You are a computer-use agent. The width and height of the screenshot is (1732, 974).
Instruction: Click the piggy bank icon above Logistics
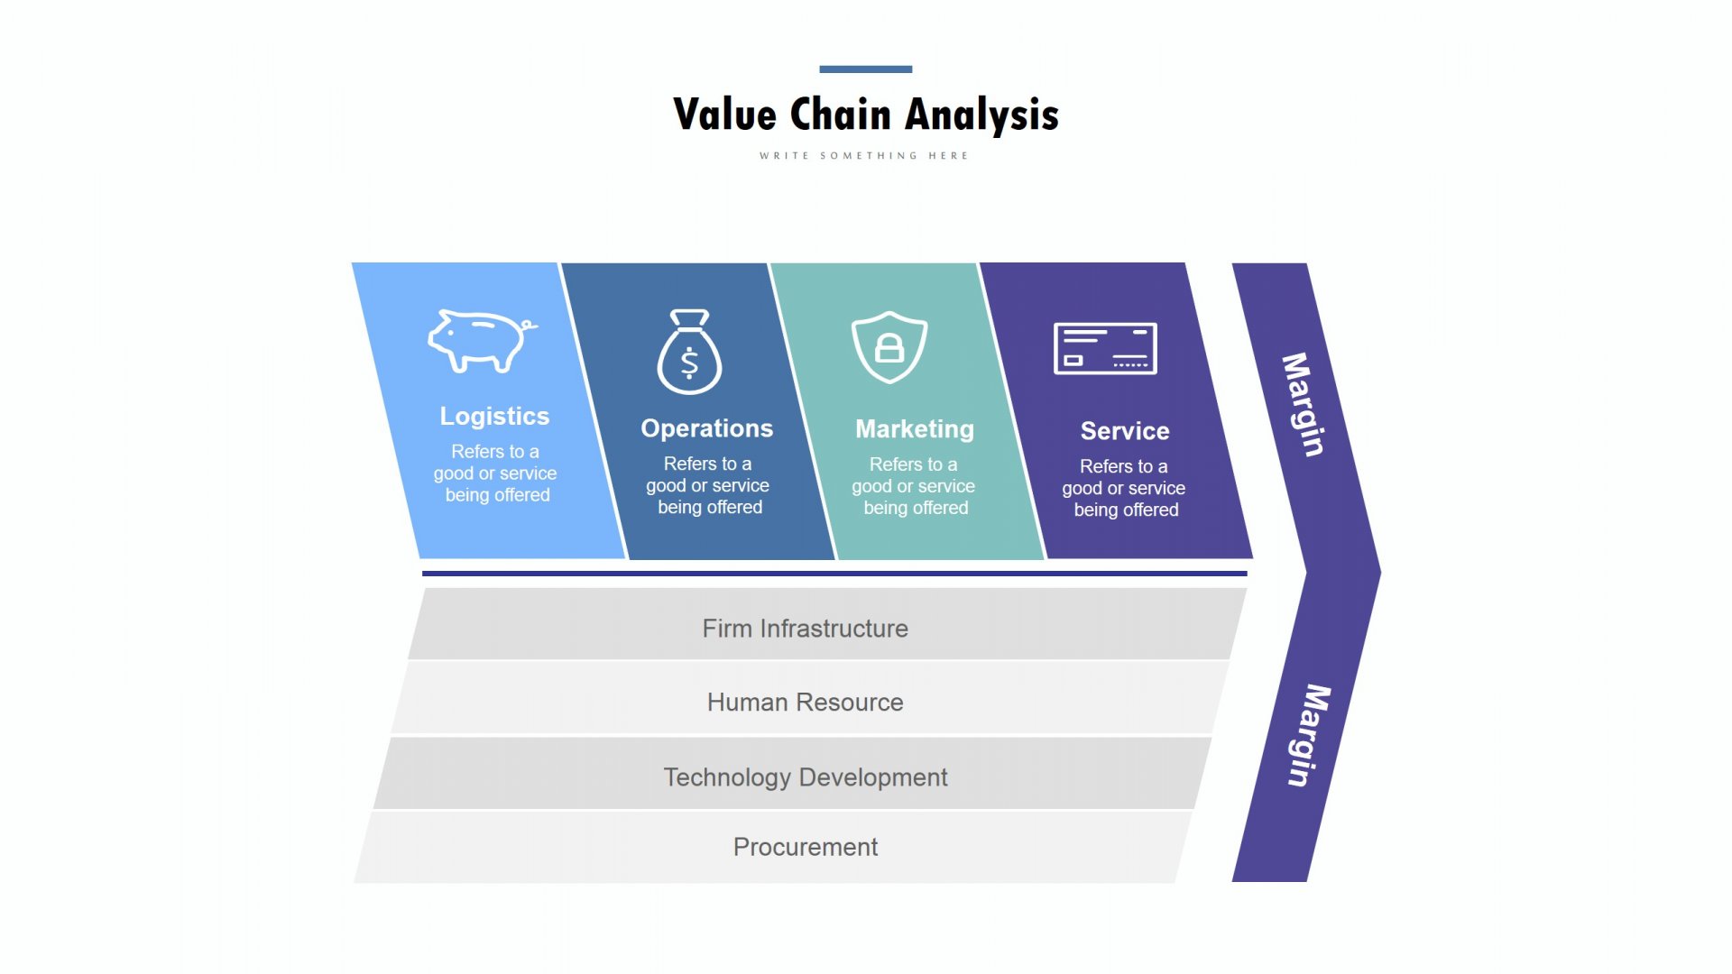point(482,341)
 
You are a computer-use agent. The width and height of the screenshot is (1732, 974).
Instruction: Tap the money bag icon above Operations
point(689,352)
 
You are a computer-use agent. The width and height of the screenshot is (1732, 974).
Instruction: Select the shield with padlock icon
point(889,347)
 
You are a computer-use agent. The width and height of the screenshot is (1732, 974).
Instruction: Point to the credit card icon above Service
point(1105,348)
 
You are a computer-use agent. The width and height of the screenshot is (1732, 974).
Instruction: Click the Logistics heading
point(494,416)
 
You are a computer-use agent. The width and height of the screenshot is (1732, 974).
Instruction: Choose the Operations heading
point(707,428)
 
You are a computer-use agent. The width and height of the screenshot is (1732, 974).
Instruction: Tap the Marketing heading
point(915,429)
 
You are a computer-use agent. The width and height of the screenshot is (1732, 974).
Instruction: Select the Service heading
point(1125,431)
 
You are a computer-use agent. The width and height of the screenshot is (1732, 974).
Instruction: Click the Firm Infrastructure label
point(806,629)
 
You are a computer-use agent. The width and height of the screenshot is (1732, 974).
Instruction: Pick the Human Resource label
point(806,703)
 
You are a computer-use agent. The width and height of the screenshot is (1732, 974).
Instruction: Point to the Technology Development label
point(806,777)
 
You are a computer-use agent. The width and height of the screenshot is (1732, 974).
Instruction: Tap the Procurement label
point(806,847)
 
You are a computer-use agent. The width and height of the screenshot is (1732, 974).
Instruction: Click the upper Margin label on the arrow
point(1304,405)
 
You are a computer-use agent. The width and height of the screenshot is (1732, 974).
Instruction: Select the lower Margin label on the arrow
point(1309,736)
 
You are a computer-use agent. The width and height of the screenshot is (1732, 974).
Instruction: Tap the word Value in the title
point(725,115)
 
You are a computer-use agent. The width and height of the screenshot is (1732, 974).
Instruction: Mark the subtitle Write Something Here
point(864,156)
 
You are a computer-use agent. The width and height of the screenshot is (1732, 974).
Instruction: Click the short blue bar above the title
point(866,69)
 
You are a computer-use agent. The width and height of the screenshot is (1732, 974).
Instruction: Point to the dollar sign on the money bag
point(689,363)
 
